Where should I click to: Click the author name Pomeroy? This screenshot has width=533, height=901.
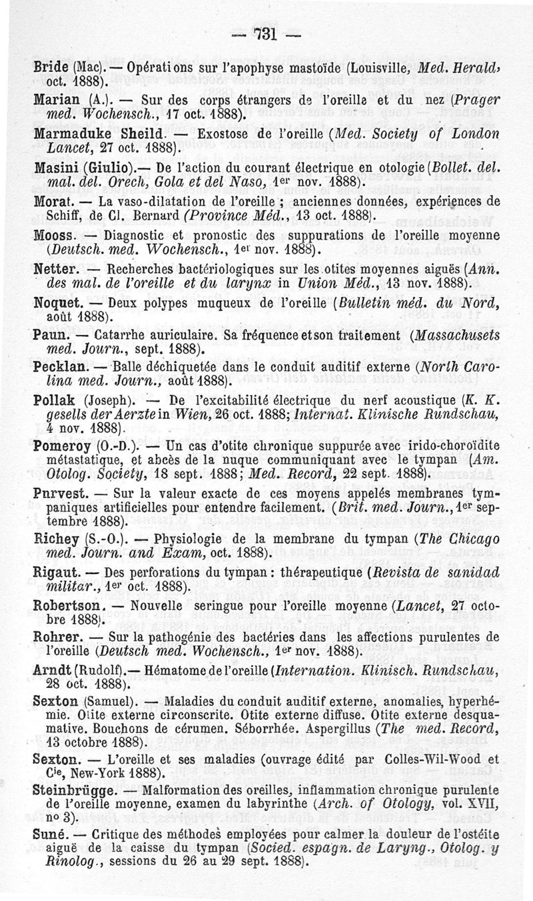(x=57, y=443)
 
